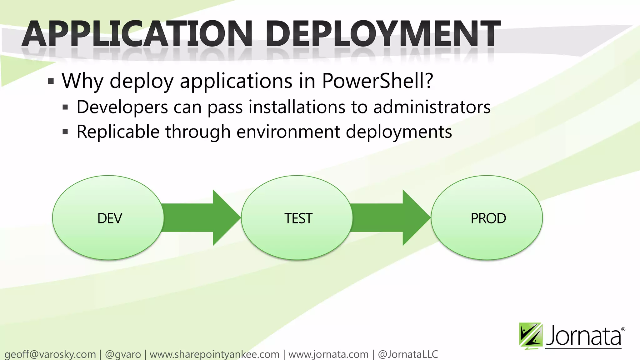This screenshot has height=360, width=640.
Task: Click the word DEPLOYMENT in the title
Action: [x=383, y=34]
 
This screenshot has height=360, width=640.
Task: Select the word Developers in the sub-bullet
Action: [x=122, y=107]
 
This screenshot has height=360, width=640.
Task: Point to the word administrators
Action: [x=432, y=107]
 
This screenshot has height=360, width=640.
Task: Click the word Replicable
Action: [x=118, y=132]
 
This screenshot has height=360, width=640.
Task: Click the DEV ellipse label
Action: [x=109, y=218]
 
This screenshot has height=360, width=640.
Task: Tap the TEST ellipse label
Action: [x=298, y=218]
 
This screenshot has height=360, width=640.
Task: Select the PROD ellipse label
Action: [x=488, y=218]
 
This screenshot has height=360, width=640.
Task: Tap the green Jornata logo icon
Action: [x=530, y=335]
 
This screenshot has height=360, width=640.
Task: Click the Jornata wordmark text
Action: [x=584, y=336]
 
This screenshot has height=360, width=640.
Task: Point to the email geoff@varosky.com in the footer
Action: [x=50, y=354]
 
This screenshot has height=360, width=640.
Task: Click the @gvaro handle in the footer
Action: [x=123, y=354]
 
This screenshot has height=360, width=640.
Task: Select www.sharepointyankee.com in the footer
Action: [x=214, y=354]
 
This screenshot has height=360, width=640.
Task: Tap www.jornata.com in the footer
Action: [x=328, y=354]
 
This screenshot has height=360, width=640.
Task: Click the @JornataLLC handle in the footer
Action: [x=407, y=354]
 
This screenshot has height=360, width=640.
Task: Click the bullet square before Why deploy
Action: [x=51, y=82]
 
